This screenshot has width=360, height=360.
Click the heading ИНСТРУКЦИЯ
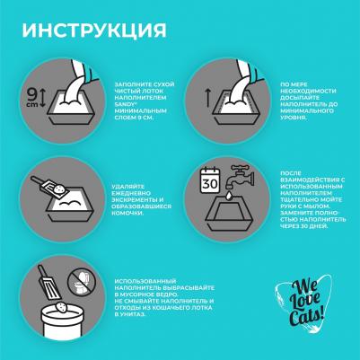coord(94,31)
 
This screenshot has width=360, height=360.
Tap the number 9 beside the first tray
coord(31,94)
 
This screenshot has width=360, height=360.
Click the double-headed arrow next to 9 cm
coord(42,98)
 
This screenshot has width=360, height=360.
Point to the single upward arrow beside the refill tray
coord(207,98)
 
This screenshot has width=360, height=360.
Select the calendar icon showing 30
coord(210,180)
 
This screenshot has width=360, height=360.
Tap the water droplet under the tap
coord(229,195)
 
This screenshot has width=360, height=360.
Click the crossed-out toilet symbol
coord(80,281)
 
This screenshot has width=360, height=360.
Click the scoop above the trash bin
coord(49,283)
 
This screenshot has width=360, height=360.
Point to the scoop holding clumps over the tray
coord(50,188)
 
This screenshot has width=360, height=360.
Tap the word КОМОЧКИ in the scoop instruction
coord(127,213)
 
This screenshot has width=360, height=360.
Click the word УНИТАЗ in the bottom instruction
coord(129,314)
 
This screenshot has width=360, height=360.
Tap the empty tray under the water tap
coord(229,215)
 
